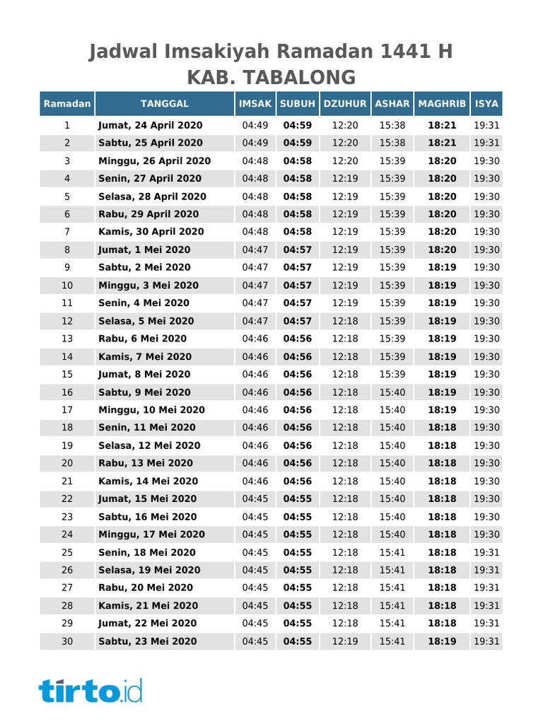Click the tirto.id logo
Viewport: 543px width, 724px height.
pos(90,689)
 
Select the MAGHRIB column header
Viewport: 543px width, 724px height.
pos(442,104)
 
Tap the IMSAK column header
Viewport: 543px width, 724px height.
pos(255,104)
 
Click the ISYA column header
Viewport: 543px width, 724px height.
pos(486,104)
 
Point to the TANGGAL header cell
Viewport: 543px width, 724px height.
pos(165,104)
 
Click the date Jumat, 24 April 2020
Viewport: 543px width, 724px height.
pos(150,125)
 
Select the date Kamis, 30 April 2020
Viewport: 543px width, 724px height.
pos(151,232)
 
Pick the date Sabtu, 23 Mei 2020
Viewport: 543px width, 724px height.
pos(147,641)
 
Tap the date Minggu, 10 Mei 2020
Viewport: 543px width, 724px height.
pos(151,410)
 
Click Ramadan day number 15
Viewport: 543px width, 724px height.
pos(67,374)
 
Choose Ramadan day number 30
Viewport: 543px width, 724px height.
pos(67,641)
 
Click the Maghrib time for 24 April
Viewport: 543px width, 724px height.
pos(442,125)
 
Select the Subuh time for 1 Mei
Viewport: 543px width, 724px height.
pos(298,250)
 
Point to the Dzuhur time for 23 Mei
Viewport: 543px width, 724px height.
pos(345,641)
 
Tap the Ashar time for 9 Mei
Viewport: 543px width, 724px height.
pos(392,392)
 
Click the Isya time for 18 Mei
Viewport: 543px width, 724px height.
pos(486,552)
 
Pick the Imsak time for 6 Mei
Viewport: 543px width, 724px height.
pos(255,339)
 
